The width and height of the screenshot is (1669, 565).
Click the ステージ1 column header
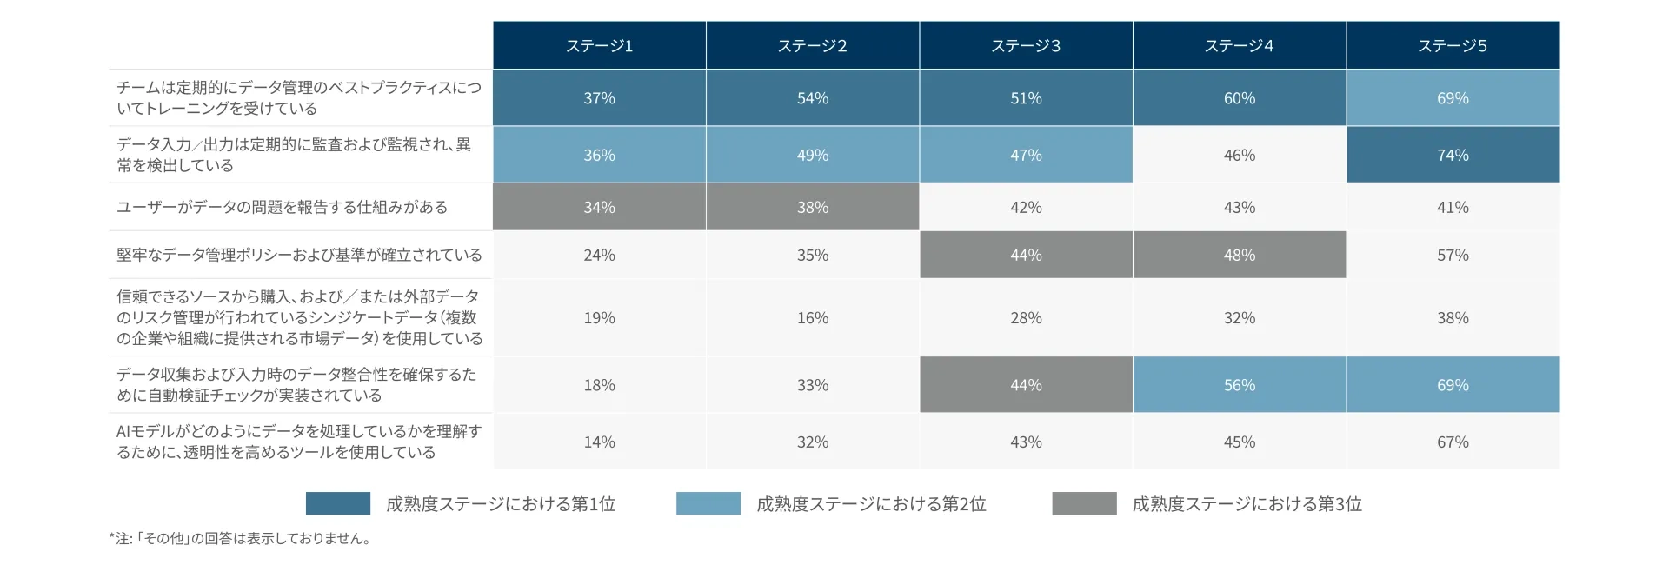pos(599,46)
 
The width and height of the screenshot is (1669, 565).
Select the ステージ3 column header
pos(1026,46)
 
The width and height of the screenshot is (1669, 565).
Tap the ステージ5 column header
pos(1453,46)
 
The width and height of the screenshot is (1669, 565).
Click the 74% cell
pos(1453,155)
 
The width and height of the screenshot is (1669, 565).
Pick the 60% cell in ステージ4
pos(1239,98)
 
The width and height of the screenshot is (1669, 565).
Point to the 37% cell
pos(599,98)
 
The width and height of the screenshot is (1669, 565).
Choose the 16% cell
pos(813,318)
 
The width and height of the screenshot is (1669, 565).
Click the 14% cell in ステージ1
pos(599,442)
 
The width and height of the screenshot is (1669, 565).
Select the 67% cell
pos(1453,442)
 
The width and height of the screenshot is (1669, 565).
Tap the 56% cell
pos(1239,385)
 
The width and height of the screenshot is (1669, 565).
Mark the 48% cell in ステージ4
pos(1239,255)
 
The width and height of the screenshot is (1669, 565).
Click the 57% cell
pos(1453,255)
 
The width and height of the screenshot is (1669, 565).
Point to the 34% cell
pos(599,207)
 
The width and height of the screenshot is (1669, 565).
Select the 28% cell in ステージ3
pos(1026,318)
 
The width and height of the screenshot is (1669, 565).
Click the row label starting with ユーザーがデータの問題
pos(283,207)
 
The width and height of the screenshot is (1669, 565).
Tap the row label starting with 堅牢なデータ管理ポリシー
pos(299,255)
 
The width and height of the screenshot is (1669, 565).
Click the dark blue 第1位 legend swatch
pos(338,503)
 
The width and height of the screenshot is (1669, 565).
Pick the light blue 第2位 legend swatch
pos(708,503)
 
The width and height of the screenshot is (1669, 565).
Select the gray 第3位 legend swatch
pos(1084,503)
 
